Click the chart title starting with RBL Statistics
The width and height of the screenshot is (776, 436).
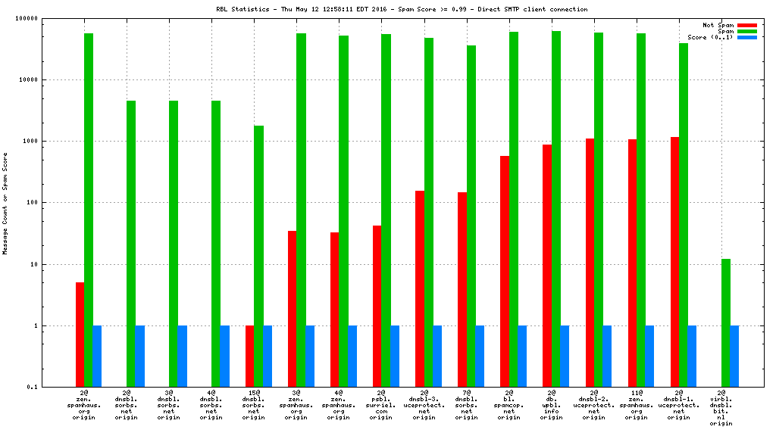pyautogui.click(x=402, y=9)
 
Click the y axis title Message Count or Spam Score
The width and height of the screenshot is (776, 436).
pyautogui.click(x=5, y=203)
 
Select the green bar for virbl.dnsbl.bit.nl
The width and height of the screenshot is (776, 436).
pyautogui.click(x=726, y=322)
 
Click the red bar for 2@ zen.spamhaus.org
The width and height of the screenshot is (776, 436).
pyautogui.click(x=80, y=335)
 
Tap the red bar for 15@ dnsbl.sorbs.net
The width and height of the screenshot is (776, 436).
pyautogui.click(x=249, y=356)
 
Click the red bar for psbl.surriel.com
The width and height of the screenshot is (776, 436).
pyautogui.click(x=377, y=306)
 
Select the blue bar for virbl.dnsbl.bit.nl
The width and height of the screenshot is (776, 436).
pyautogui.click(x=734, y=356)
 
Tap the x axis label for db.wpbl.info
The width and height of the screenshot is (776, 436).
pyautogui.click(x=551, y=405)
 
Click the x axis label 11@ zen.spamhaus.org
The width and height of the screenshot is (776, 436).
pyautogui.click(x=636, y=405)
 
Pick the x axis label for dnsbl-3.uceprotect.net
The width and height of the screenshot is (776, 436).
pyautogui.click(x=424, y=405)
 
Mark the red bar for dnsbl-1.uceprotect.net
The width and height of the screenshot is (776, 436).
pyautogui.click(x=674, y=262)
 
